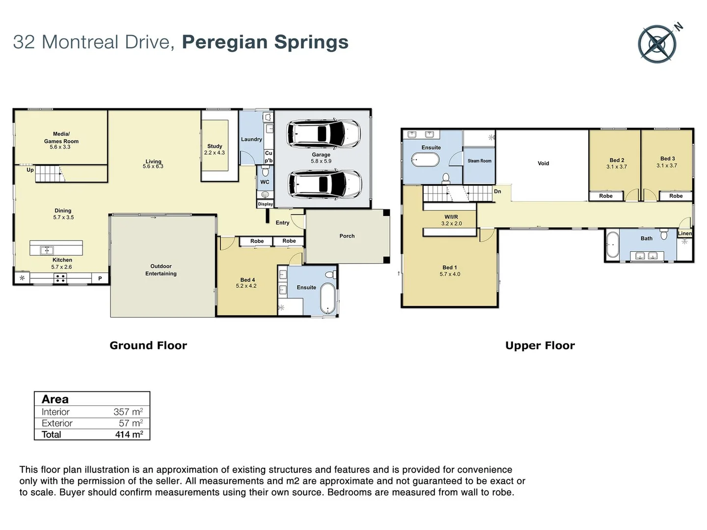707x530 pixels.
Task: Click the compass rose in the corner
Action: [658, 44]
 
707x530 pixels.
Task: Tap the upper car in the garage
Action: [323, 133]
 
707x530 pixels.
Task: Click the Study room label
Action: [215, 146]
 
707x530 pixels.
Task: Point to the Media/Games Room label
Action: [61, 137]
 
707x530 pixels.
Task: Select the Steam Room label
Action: [479, 161]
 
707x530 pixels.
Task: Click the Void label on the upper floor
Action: [543, 163]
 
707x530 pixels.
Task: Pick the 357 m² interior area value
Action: [128, 412]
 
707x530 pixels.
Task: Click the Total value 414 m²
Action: [129, 434]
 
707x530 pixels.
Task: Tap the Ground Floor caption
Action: [148, 345]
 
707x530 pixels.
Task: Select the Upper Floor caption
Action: [540, 345]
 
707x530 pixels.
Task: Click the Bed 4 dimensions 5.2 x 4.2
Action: [246, 286]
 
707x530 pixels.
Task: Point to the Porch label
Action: [347, 236]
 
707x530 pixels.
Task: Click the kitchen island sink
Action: [47, 250]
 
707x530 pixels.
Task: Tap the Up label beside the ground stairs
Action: [30, 170]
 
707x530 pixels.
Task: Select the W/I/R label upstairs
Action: [451, 217]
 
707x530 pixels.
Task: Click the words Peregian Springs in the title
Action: [265, 42]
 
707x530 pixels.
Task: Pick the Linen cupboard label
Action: [684, 234]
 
